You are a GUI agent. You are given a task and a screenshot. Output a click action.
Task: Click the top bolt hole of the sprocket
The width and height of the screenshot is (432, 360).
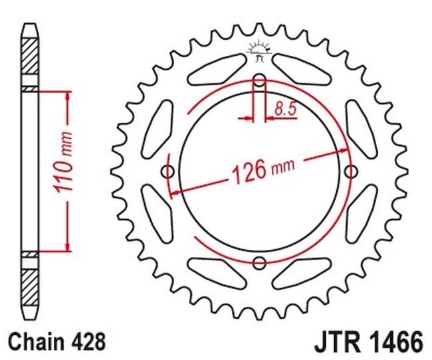pos(260,83)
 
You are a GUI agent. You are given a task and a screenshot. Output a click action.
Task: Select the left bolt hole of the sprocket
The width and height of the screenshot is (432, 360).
pos(169,172)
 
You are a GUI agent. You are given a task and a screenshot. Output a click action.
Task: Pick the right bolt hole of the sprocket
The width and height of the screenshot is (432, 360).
pos(350,172)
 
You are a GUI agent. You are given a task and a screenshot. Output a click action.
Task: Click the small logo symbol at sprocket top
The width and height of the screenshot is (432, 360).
pos(259,50)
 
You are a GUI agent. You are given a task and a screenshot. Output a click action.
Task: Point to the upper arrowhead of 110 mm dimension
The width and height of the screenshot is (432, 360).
pos(67,95)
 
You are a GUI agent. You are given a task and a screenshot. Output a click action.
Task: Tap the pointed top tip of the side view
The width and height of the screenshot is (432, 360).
pos(30,27)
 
